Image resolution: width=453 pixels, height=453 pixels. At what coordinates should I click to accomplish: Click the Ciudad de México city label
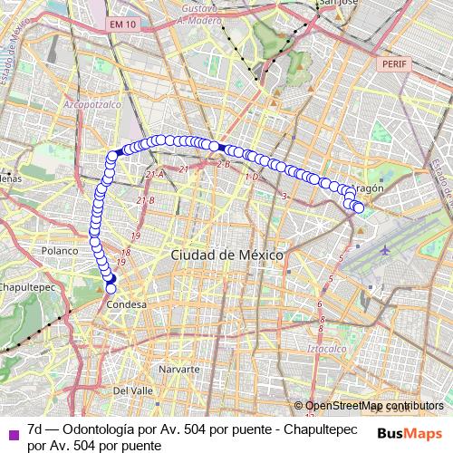coord(226,255)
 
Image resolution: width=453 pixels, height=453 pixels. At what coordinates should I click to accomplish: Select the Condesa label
coord(126,305)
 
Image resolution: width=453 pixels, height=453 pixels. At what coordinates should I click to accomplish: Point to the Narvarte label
coord(178,371)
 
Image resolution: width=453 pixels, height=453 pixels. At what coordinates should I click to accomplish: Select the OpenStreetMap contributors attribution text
coord(373,406)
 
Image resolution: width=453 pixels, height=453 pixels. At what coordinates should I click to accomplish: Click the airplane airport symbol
coord(388,248)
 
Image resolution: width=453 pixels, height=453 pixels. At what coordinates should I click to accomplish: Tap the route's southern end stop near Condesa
coord(112,288)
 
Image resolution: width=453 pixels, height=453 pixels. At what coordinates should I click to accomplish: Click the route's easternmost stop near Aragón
coord(359,208)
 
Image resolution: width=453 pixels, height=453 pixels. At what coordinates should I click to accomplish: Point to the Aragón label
coord(367,188)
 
